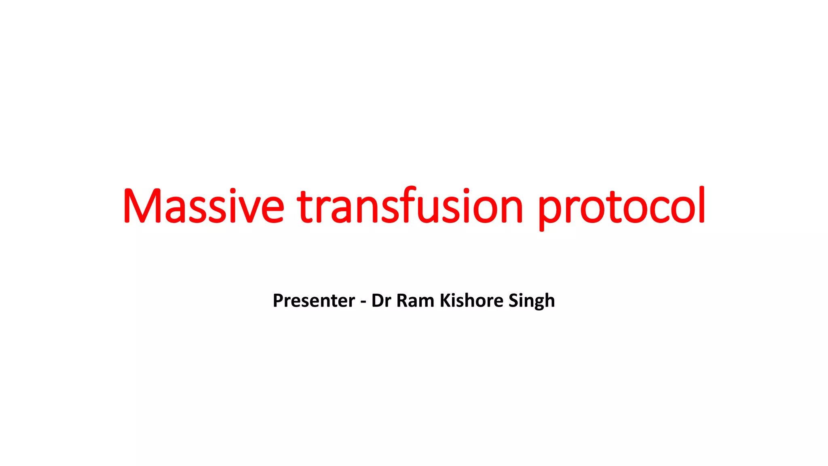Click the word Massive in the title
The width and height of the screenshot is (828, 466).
tap(203, 206)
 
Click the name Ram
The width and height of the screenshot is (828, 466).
tap(415, 301)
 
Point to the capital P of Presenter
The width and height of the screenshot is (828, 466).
tap(278, 301)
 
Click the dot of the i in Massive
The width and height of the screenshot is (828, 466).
tap(232, 191)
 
